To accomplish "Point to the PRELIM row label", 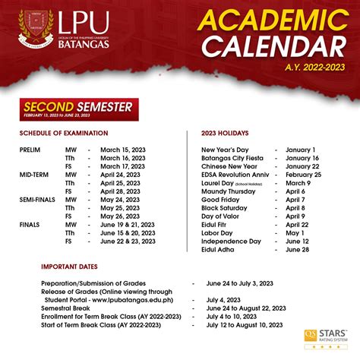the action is (x=30, y=150).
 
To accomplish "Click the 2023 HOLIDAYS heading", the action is (x=226, y=132).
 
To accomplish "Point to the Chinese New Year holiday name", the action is (x=230, y=166).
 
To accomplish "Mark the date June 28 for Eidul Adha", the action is (x=298, y=250).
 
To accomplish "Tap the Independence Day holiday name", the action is (x=231, y=241).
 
